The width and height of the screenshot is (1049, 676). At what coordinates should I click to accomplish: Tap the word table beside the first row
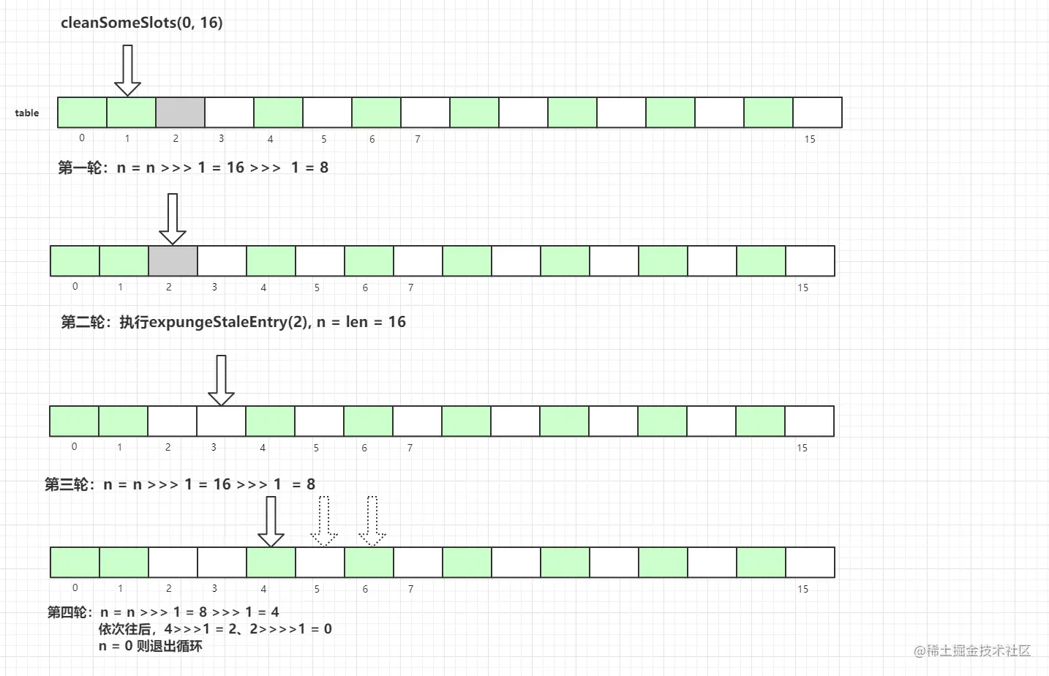click(27, 113)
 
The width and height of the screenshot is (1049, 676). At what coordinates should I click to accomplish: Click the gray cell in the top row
click(180, 112)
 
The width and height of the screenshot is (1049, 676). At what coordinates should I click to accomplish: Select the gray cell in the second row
click(173, 261)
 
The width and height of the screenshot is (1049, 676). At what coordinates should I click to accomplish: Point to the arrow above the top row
click(128, 70)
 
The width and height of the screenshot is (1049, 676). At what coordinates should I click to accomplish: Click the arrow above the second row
click(173, 219)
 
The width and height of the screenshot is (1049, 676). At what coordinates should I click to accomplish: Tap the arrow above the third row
click(221, 380)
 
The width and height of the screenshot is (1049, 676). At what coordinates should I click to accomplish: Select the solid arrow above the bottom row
click(271, 522)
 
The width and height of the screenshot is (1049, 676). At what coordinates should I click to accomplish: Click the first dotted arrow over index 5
click(324, 522)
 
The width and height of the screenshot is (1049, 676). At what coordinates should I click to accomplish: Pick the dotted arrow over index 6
click(372, 522)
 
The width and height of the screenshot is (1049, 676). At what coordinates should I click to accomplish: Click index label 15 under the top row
click(810, 139)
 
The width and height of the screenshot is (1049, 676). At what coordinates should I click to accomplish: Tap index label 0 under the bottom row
click(75, 588)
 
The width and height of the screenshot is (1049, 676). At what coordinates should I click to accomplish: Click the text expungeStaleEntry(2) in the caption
click(229, 322)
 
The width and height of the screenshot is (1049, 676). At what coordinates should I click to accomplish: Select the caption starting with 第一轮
click(193, 168)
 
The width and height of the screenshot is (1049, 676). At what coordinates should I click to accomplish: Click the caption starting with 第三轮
click(180, 484)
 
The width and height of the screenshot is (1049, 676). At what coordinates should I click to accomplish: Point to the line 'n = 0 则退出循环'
click(151, 646)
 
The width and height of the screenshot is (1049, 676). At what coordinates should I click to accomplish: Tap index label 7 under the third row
click(410, 448)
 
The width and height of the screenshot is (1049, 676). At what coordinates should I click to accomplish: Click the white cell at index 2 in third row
click(172, 421)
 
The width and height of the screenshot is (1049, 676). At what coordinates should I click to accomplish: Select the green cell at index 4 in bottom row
click(271, 563)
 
